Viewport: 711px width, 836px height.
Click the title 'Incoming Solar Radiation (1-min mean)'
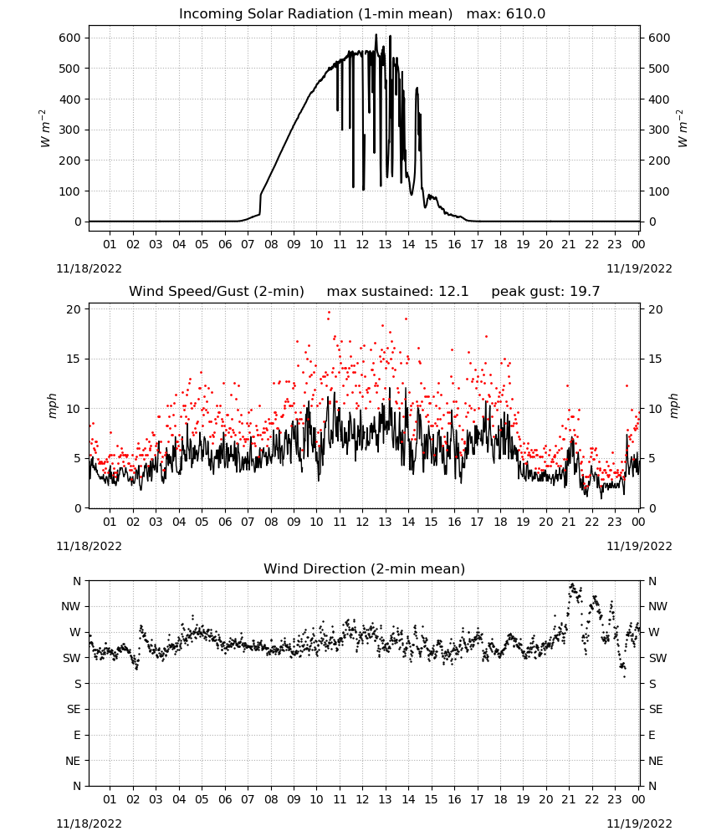[x=315, y=14]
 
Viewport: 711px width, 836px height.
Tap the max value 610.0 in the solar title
[x=525, y=14]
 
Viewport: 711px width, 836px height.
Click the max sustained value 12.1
[x=453, y=292]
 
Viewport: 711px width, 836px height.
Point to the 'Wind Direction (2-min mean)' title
[x=365, y=568]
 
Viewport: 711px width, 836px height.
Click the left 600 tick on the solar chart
[x=70, y=38]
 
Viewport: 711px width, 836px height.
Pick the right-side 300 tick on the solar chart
[x=659, y=130]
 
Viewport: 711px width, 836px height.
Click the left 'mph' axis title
[x=52, y=405]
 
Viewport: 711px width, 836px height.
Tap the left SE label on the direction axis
[x=74, y=709]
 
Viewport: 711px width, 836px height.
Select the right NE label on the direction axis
[x=656, y=761]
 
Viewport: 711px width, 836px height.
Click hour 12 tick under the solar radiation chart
[x=362, y=244]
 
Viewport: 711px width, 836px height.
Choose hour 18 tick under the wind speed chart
[x=500, y=522]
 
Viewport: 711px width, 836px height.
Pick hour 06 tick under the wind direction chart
[x=225, y=799]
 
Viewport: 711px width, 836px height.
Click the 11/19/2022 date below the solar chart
[x=639, y=268]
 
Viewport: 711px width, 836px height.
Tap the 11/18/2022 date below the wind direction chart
[x=89, y=823]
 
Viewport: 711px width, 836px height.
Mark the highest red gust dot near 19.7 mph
[x=329, y=313]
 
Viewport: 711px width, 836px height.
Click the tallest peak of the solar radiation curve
[x=376, y=34]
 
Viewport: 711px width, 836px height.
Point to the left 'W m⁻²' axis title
[x=45, y=129]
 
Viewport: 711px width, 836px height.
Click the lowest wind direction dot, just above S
[x=625, y=677]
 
